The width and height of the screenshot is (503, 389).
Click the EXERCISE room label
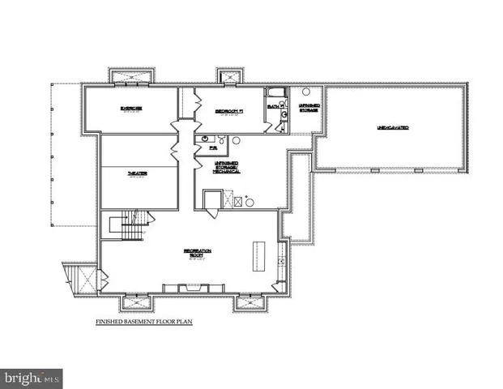[x=131, y=109]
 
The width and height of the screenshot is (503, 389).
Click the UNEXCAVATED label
[x=392, y=128]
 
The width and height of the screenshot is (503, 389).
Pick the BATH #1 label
[x=274, y=106]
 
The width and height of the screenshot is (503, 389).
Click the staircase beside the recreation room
[x=131, y=224]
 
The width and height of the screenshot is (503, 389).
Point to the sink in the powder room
[x=200, y=139]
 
